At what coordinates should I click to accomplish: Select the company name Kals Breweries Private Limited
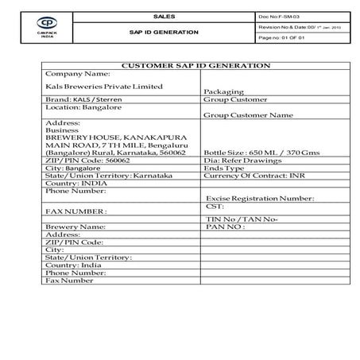[x=105, y=86]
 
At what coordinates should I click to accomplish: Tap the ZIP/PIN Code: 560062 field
[x=88, y=160]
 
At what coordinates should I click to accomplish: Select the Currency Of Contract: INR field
[x=249, y=175]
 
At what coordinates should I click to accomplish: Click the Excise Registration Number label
[x=260, y=198]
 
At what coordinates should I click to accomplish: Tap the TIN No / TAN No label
[x=242, y=219]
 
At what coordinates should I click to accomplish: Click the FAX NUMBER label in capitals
[x=76, y=211]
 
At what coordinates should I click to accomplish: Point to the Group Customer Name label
[x=249, y=115]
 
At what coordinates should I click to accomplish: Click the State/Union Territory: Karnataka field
[x=103, y=175]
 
